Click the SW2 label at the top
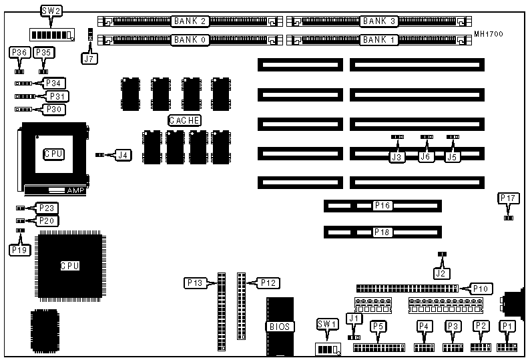[x=48, y=11]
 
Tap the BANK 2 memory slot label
[x=192, y=21]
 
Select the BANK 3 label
[x=379, y=21]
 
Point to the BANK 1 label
[x=379, y=40]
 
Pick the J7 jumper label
[x=89, y=59]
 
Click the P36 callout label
[x=19, y=53]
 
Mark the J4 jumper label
[x=122, y=155]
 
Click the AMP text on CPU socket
[x=75, y=190]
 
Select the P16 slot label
[x=382, y=205]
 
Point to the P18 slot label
[x=382, y=232]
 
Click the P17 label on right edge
[x=507, y=198]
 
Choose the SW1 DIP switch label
[x=326, y=324]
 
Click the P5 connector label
[x=379, y=326]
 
